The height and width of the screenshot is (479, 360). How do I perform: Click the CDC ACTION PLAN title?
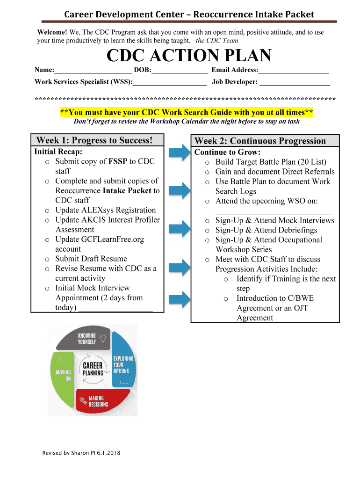pos(189,56)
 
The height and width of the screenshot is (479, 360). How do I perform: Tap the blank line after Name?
pos(93,71)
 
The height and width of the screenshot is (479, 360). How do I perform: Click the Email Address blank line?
pos(294,71)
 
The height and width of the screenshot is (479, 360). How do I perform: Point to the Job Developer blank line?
pos(295,82)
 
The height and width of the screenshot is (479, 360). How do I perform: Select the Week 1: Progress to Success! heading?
pos(94,140)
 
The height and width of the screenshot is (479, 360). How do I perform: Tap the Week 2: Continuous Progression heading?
pos(260,141)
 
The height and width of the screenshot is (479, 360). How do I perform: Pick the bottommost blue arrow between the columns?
pos(180,299)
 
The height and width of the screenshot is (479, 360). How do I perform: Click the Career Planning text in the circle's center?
pos(93,369)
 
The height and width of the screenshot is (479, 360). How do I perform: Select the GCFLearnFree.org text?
pos(113,239)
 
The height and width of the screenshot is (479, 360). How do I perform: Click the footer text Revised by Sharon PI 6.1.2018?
pos(80,453)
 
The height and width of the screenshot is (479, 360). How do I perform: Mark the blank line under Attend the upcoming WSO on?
pos(273,211)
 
